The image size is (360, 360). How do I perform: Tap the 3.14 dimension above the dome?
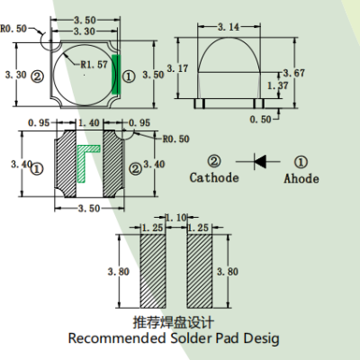pyautogui.click(x=229, y=29)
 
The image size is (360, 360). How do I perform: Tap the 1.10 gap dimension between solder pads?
pyautogui.click(x=176, y=217)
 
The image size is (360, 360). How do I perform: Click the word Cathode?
pyautogui.click(x=214, y=178)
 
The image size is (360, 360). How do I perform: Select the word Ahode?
pyautogui.click(x=301, y=178)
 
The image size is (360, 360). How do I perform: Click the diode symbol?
pyautogui.click(x=261, y=162)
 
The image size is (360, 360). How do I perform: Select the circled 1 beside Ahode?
pyautogui.click(x=301, y=162)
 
